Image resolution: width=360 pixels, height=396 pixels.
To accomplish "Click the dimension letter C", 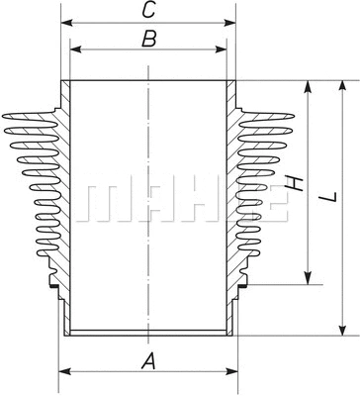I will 148,12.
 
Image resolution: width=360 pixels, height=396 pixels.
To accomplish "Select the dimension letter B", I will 148,40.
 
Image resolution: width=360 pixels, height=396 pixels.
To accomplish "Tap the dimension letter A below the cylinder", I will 148,361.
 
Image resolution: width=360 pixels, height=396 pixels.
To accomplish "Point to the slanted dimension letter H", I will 293,185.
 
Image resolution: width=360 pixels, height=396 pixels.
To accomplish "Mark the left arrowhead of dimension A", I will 63,372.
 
